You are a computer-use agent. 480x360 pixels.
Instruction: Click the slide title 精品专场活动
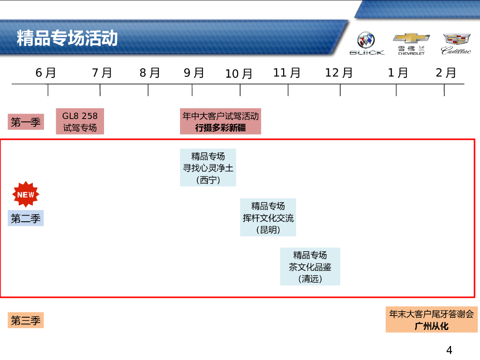67,38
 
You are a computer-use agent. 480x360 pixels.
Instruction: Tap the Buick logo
367,43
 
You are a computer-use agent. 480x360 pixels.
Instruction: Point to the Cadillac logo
456,43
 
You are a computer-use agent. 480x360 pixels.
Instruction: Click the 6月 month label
46,73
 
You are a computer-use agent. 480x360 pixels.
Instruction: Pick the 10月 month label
239,74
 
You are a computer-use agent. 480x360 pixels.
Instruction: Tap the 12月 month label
339,73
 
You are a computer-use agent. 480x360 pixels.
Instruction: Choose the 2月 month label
446,73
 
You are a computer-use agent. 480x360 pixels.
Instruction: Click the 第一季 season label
26,123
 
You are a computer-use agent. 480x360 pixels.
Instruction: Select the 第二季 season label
26,218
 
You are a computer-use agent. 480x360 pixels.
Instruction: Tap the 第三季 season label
26,321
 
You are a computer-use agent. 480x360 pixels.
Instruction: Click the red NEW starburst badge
26,194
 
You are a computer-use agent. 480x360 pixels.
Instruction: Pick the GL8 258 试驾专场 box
80,121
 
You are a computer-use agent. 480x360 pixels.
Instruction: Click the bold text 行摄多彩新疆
220,127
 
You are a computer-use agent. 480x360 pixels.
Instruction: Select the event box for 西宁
208,168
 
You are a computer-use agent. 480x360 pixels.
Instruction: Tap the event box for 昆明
268,217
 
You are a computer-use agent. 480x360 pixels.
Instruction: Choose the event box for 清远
310,267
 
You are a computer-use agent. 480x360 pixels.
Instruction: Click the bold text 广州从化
432,326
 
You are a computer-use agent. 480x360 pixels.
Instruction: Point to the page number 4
449,350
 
